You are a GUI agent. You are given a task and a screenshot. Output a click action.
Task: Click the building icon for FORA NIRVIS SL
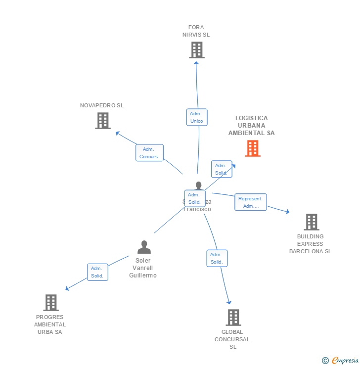pos(197,50)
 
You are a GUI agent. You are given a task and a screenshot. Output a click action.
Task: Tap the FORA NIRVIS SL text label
pos(196,31)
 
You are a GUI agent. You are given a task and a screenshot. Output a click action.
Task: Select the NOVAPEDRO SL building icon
pos(103,121)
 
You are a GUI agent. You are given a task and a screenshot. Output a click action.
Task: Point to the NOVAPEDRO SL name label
pos(102,105)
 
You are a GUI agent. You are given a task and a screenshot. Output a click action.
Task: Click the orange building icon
pos(253,148)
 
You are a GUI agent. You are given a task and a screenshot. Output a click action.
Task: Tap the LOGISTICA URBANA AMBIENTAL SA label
pos(251,126)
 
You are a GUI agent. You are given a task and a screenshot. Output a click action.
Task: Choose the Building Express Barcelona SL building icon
pos(311,222)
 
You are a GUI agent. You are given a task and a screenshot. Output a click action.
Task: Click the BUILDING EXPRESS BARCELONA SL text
pos(311,244)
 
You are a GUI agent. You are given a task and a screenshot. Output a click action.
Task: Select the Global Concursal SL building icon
pos(233,318)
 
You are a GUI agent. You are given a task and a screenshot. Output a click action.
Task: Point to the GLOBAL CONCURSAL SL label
pos(232,339)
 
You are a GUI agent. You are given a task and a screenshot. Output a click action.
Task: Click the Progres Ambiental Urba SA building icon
pos(51,303)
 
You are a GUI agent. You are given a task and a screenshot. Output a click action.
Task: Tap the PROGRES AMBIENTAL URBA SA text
pos(50,324)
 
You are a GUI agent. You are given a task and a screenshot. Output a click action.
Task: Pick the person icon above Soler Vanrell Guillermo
pos(144,247)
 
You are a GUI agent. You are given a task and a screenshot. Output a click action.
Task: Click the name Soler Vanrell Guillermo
pos(143,268)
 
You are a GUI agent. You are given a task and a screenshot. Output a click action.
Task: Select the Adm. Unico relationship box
pos(197,117)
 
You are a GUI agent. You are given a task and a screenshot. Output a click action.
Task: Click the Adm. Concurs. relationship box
pos(149,153)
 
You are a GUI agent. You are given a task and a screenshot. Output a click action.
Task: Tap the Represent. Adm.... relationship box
pos(251,202)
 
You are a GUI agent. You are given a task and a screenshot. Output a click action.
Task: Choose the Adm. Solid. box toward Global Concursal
pos(217,258)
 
